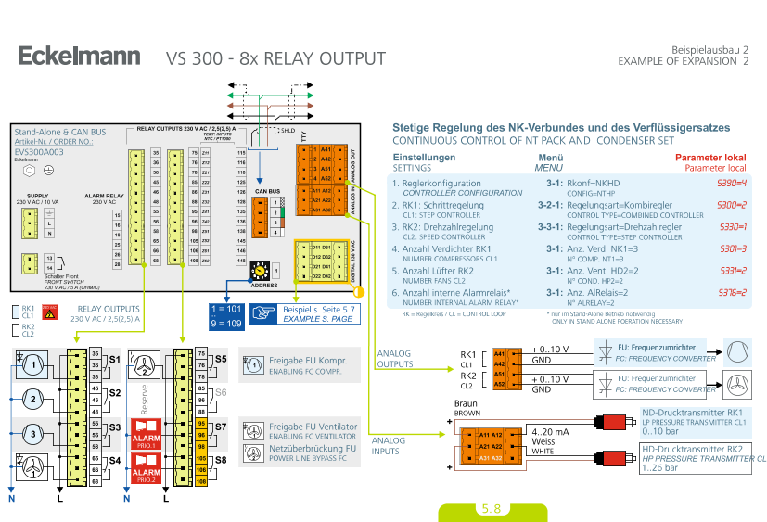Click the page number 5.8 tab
(491, 509)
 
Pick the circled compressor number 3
(34, 433)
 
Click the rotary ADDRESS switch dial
(262, 269)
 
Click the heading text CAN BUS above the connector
(269, 193)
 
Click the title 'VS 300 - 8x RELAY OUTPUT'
(275, 59)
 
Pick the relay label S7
(221, 427)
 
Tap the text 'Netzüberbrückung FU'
(300, 449)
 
